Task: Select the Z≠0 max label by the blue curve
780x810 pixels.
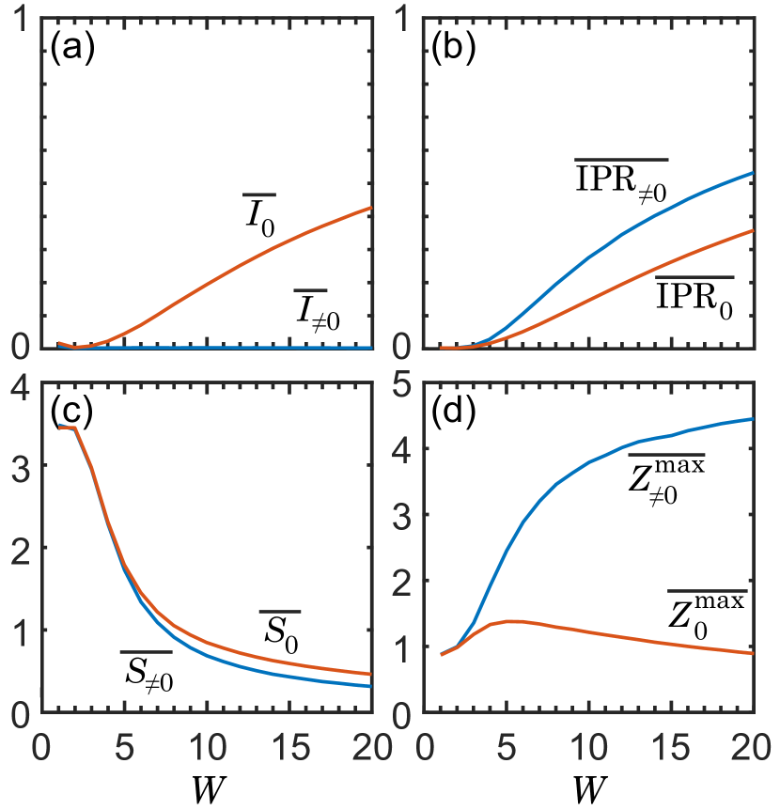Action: point(666,479)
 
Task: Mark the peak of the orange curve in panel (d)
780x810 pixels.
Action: point(508,621)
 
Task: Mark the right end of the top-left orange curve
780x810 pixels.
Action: point(372,208)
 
